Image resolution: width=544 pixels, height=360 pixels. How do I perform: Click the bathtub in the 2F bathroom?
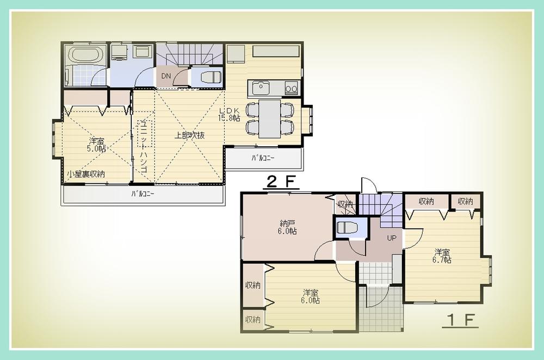click(x=85, y=55)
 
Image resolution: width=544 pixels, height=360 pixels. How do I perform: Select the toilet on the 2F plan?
click(x=210, y=77)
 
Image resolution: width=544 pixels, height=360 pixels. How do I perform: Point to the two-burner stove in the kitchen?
click(x=290, y=87)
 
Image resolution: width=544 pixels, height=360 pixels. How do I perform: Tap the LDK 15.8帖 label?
click(x=229, y=115)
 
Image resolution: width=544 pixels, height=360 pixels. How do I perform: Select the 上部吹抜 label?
click(x=189, y=135)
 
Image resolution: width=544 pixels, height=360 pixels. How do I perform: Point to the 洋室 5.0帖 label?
click(x=97, y=145)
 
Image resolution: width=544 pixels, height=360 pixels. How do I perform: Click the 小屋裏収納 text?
click(x=86, y=174)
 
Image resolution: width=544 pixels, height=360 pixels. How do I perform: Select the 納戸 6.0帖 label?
click(x=288, y=227)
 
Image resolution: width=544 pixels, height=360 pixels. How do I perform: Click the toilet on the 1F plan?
click(x=346, y=228)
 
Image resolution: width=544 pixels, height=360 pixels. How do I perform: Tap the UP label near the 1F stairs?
click(x=391, y=238)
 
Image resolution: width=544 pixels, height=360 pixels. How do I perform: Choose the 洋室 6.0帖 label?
click(x=311, y=296)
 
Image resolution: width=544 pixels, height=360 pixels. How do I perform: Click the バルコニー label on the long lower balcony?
click(x=143, y=194)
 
